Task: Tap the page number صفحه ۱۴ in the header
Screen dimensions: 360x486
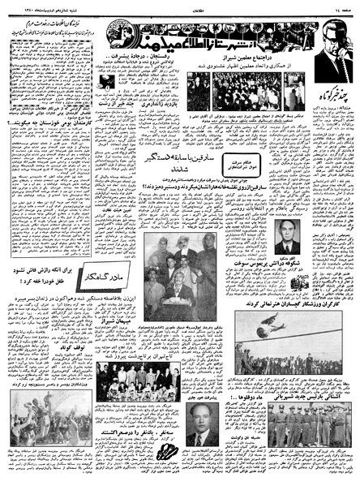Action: (340, 6)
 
